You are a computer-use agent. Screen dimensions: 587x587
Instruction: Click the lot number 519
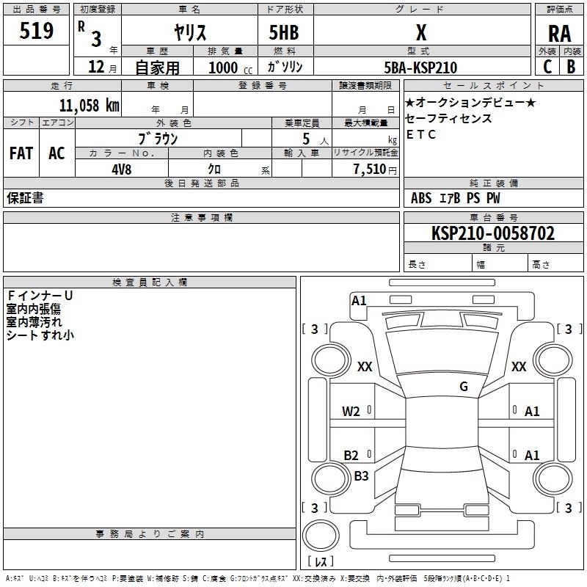36,30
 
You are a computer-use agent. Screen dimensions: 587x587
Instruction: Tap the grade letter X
421,32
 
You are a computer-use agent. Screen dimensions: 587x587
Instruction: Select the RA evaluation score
559,34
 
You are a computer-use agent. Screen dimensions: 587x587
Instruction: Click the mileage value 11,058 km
89,106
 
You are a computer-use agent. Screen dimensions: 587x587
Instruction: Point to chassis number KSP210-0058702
493,233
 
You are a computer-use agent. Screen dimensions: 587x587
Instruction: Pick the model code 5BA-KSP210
420,68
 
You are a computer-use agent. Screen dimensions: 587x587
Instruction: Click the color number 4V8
122,169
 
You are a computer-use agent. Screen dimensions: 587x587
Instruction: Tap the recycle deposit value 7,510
370,169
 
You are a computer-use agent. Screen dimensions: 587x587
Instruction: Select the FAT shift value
21,153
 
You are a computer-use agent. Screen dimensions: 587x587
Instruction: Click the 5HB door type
284,32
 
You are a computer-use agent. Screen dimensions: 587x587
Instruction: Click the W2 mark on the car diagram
351,412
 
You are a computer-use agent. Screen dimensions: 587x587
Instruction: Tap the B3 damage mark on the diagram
361,475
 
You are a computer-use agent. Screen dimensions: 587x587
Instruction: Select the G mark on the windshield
464,386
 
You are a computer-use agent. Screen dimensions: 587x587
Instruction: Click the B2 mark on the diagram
351,455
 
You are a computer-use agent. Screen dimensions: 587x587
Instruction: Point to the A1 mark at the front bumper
359,301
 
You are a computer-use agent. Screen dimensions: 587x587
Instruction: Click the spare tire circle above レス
321,535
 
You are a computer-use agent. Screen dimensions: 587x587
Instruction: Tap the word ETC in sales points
420,134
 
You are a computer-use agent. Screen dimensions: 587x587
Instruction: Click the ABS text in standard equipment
421,198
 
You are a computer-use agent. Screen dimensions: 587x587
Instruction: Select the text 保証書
25,197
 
